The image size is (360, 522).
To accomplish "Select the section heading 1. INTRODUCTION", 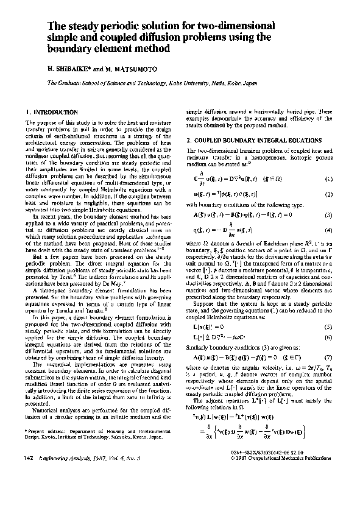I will [x=53, y=113].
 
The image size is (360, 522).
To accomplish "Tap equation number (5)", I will [x=328, y=309].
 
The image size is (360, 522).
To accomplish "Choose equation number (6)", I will [x=328, y=319].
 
